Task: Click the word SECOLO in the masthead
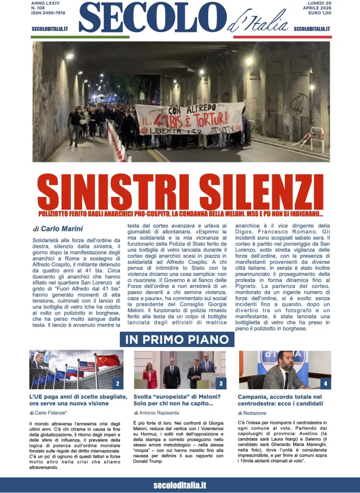152,18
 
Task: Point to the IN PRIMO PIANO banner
177,339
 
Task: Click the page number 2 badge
117,384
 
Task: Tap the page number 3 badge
221,384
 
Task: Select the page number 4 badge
326,384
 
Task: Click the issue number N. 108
39,8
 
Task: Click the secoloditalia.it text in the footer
180,485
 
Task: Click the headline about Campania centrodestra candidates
280,400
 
